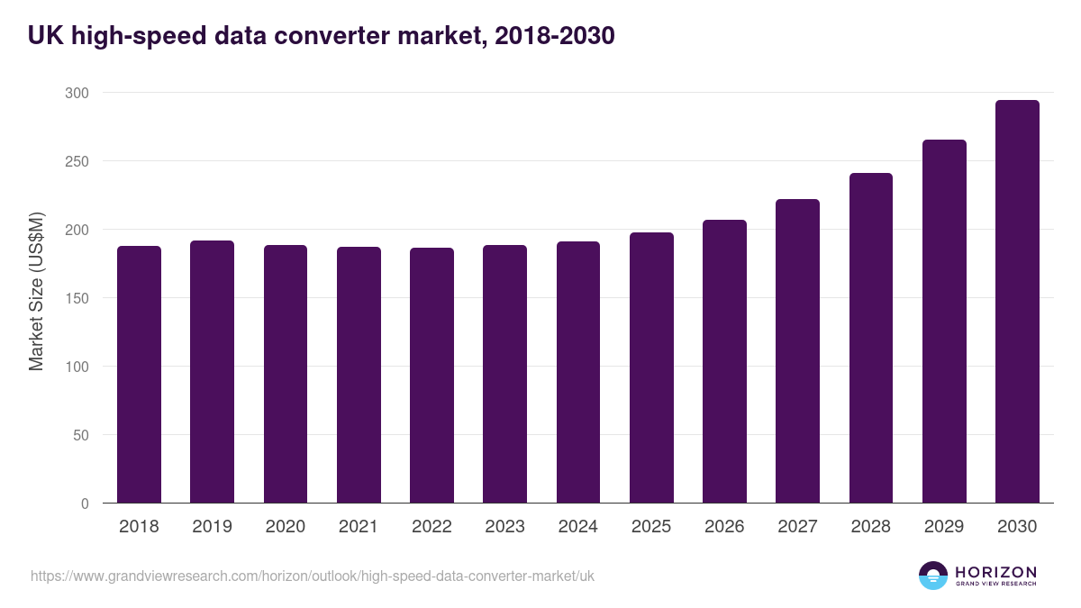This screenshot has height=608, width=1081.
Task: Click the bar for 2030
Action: pyautogui.click(x=1017, y=302)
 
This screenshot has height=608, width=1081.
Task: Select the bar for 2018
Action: pyautogui.click(x=139, y=375)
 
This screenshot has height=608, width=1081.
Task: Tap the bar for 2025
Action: pyautogui.click(x=651, y=368)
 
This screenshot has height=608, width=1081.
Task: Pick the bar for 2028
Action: pyautogui.click(x=871, y=338)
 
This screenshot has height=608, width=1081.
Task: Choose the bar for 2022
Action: pyautogui.click(x=431, y=376)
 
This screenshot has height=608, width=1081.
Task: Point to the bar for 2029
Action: pyautogui.click(x=944, y=322)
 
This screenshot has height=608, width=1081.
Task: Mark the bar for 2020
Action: pyautogui.click(x=286, y=374)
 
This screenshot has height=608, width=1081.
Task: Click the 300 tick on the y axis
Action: pyautogui.click(x=77, y=93)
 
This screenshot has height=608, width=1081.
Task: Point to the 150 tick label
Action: pyautogui.click(x=77, y=298)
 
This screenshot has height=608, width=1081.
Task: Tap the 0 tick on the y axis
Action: pyautogui.click(x=85, y=504)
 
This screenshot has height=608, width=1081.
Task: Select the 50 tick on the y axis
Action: pyautogui.click(x=81, y=435)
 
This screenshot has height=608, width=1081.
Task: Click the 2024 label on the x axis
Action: pyautogui.click(x=577, y=527)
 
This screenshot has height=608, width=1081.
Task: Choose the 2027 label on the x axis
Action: pyautogui.click(x=797, y=527)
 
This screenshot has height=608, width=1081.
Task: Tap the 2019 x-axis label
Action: pyautogui.click(x=212, y=527)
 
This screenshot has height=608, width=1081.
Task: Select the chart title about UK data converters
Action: pyautogui.click(x=322, y=35)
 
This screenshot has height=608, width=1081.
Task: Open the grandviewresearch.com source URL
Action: pyautogui.click(x=313, y=576)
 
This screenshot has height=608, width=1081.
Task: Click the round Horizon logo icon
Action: pyautogui.click(x=933, y=576)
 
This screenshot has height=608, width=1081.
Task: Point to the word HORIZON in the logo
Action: pyautogui.click(x=995, y=571)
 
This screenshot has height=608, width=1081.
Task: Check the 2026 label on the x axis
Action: pyautogui.click(x=724, y=527)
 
